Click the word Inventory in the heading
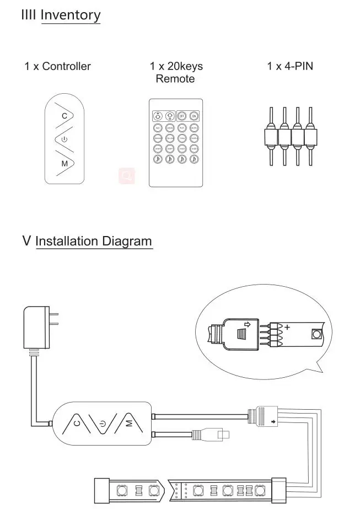tap(71, 15)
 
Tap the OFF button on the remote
tap(182, 116)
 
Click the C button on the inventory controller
tap(65, 116)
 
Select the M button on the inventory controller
tap(65, 164)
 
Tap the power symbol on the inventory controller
tap(65, 140)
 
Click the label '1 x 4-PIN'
tap(289, 66)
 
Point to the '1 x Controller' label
tap(57, 66)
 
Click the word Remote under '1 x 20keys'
tap(175, 79)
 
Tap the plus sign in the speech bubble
tap(287, 327)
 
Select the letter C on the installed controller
tap(77, 424)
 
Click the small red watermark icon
tap(127, 176)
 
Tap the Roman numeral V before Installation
tap(26, 241)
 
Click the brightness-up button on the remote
tap(158, 116)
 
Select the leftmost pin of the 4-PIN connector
tap(270, 135)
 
